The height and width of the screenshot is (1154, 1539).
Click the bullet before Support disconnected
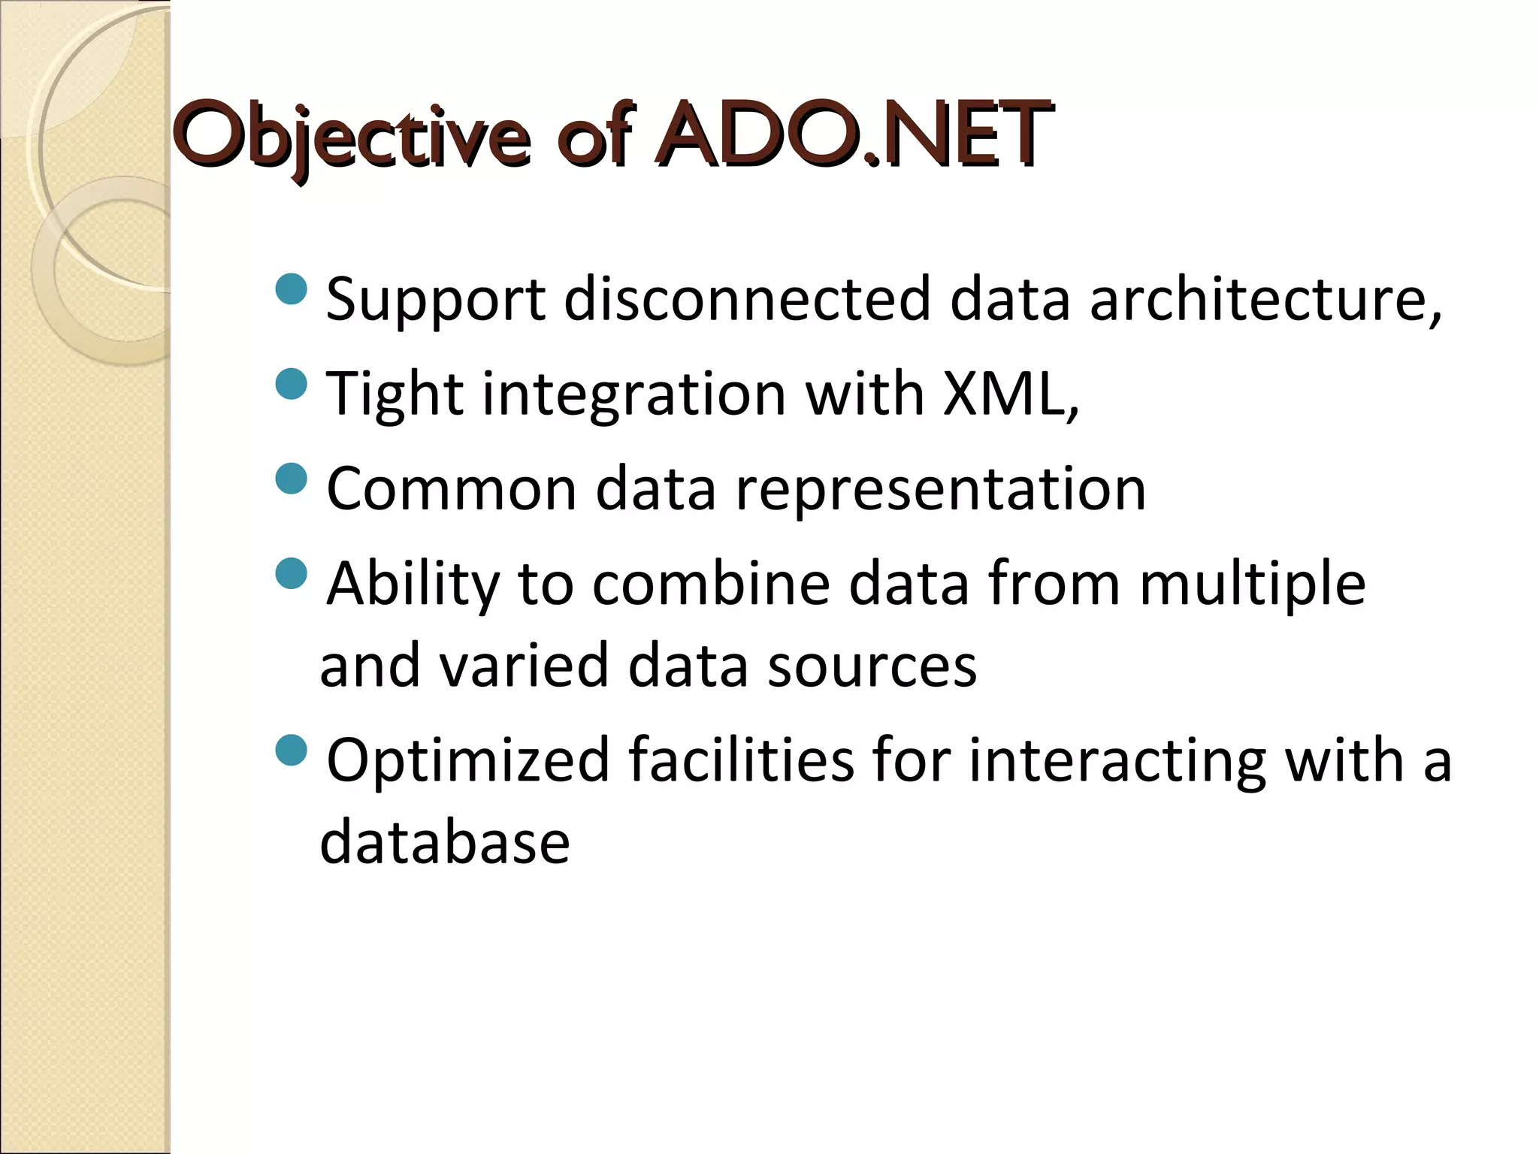point(292,289)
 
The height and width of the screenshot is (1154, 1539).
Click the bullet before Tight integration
point(292,384)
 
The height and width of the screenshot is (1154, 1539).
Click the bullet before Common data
point(292,479)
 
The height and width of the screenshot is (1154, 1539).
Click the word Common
point(451,488)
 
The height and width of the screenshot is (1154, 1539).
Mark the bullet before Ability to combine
point(292,574)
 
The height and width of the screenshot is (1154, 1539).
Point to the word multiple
point(1252,584)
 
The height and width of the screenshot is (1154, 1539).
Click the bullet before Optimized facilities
point(292,749)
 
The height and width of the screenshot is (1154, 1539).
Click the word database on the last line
point(445,842)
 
